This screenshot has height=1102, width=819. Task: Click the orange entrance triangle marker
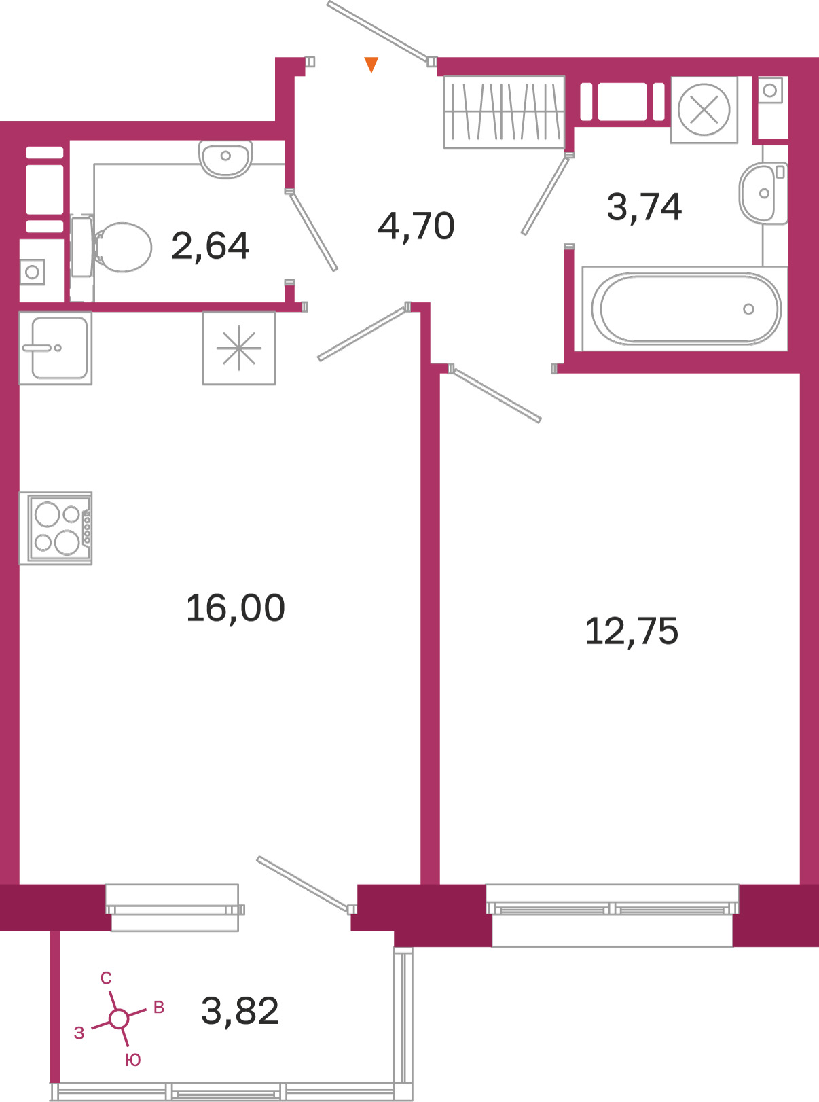click(371, 64)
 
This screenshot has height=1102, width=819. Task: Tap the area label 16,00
click(236, 608)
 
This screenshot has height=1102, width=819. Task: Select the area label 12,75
click(632, 632)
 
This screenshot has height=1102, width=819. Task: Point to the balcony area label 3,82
click(240, 1011)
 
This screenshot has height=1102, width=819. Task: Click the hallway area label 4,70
click(416, 226)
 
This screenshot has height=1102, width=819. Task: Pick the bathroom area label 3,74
click(644, 207)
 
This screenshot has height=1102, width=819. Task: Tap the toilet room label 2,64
click(210, 247)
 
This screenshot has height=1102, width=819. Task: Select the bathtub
click(685, 309)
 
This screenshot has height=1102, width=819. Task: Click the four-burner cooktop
click(56, 528)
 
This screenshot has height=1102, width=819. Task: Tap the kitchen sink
click(56, 348)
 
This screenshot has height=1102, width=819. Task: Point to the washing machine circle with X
click(704, 110)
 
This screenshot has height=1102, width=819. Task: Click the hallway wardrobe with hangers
click(504, 112)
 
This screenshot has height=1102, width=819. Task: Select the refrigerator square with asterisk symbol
click(239, 348)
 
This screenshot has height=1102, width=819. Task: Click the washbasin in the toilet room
click(225, 159)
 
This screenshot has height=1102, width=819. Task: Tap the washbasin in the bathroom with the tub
click(763, 193)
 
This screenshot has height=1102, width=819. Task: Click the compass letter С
click(106, 978)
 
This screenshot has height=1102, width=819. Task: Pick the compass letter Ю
click(133, 1061)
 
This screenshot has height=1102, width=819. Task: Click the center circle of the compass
click(119, 1019)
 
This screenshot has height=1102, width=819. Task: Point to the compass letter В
click(159, 1007)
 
